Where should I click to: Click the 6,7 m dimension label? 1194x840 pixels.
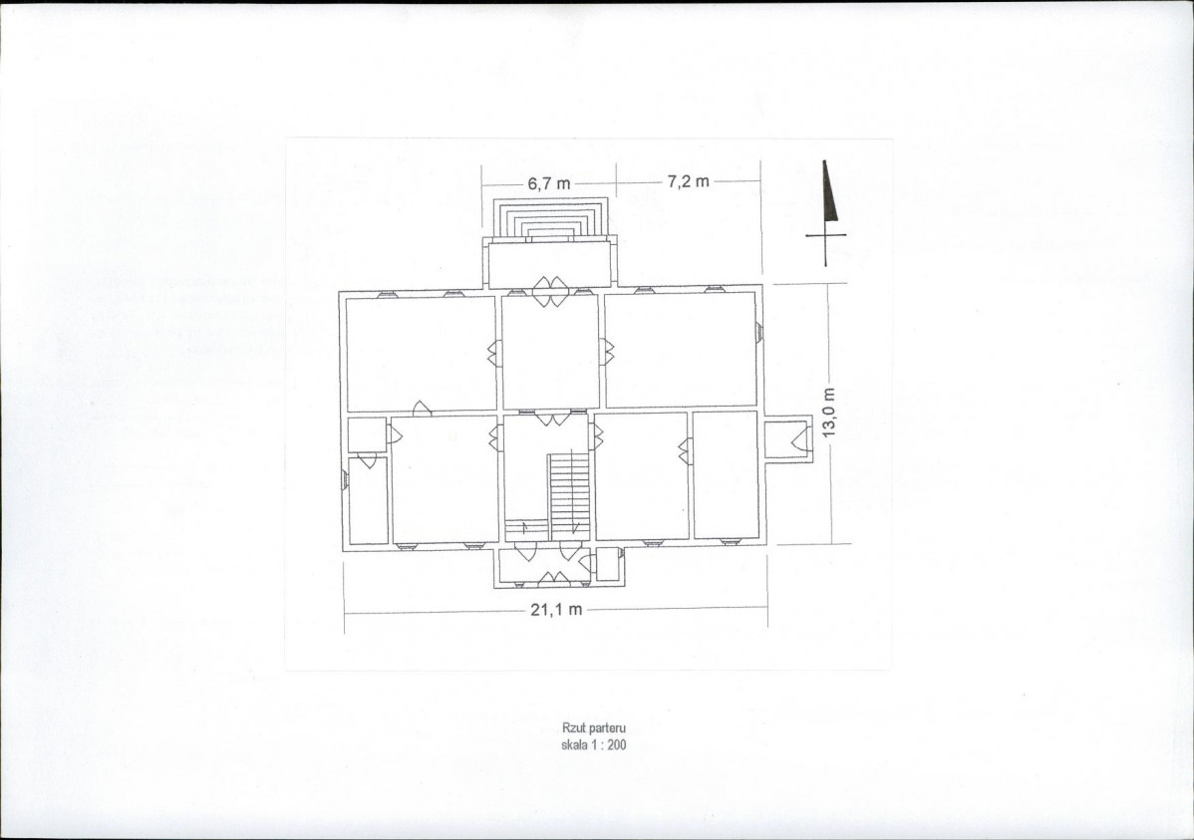[548, 183]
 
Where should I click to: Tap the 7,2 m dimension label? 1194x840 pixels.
[689, 181]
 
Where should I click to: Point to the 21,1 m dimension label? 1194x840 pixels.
[557, 609]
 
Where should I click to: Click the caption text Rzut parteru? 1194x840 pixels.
[594, 728]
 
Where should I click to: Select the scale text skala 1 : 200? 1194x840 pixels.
[594, 744]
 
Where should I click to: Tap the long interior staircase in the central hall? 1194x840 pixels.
[567, 493]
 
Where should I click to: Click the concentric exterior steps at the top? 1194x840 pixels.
[550, 218]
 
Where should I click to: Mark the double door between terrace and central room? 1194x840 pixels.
[549, 291]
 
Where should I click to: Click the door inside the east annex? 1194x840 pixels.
[799, 440]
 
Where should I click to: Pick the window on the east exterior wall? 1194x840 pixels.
[759, 333]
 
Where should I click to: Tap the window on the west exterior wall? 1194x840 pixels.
[345, 479]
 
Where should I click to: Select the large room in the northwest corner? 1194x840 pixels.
[422, 354]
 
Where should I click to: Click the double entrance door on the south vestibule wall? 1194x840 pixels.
[552, 580]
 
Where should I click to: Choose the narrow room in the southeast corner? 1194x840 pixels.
[725, 474]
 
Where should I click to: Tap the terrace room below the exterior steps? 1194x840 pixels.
[550, 263]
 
